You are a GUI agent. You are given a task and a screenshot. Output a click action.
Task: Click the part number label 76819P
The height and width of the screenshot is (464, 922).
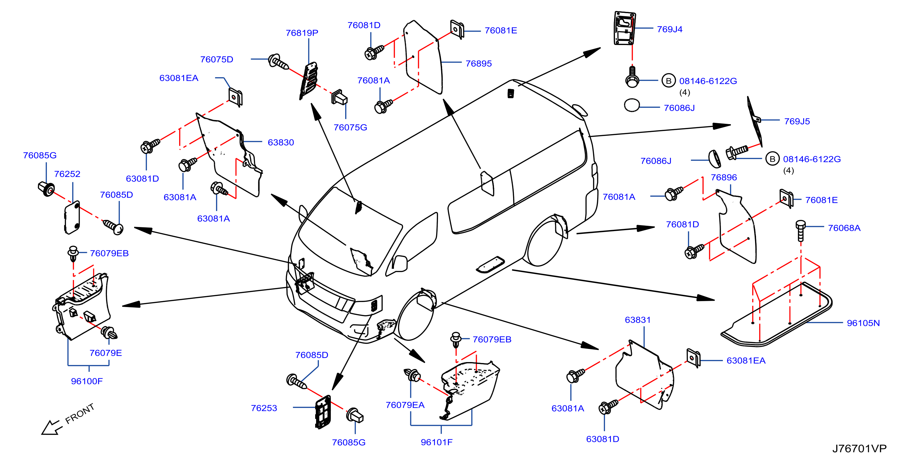click(x=302, y=33)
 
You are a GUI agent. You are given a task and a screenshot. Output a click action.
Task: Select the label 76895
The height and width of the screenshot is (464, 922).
click(x=479, y=63)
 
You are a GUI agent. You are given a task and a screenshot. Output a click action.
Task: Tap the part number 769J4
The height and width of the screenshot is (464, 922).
click(x=669, y=29)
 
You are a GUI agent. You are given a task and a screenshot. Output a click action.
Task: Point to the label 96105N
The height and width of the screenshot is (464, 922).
click(x=863, y=323)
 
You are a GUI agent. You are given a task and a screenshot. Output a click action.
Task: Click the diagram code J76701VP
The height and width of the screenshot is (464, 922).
click(x=859, y=448)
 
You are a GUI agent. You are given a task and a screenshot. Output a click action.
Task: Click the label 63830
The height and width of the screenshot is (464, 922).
click(x=281, y=143)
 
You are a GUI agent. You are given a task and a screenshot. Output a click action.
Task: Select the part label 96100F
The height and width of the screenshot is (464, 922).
click(x=87, y=381)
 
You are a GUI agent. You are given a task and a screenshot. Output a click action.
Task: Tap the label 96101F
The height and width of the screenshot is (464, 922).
click(x=436, y=442)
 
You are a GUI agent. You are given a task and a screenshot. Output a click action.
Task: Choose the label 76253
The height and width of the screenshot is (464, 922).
click(x=264, y=408)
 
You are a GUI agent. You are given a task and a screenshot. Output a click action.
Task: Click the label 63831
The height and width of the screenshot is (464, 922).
click(x=637, y=320)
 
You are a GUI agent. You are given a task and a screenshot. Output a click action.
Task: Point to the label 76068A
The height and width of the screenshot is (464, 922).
click(x=844, y=228)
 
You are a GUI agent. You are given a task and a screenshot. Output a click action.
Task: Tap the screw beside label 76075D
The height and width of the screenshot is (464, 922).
click(x=278, y=62)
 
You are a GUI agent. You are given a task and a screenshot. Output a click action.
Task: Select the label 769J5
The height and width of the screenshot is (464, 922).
click(x=797, y=121)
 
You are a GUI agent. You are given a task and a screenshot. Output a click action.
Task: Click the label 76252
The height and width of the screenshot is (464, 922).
click(x=67, y=174)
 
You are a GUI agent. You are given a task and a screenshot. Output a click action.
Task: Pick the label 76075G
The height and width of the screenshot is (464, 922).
click(x=350, y=128)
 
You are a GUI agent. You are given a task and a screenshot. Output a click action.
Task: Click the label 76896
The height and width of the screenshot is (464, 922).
click(x=724, y=177)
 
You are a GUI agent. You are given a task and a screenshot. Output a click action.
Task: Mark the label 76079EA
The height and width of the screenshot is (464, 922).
click(x=405, y=405)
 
